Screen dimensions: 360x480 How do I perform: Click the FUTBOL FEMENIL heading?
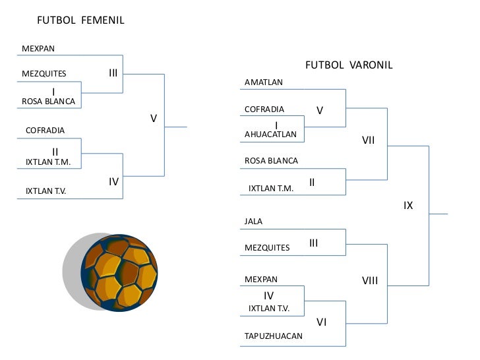[x=80, y=20]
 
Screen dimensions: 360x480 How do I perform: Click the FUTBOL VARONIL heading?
[x=349, y=65]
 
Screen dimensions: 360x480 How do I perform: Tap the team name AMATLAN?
[x=264, y=82]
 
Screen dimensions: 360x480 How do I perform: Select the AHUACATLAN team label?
[x=270, y=135]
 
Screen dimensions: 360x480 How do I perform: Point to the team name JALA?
[x=254, y=222]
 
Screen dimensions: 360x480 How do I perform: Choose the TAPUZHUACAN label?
[x=274, y=336]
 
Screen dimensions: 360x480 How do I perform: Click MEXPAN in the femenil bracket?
[x=38, y=49]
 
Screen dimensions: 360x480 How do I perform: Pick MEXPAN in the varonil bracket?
[x=261, y=280]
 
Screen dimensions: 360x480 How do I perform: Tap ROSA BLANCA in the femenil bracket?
[x=49, y=102]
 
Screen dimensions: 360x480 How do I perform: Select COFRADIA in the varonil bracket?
[x=264, y=109]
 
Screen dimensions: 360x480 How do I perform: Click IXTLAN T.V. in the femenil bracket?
[x=46, y=191]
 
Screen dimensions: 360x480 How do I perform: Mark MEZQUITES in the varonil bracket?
[x=267, y=248]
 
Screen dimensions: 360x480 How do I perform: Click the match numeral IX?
[x=408, y=206]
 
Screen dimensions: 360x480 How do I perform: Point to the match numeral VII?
[x=369, y=140]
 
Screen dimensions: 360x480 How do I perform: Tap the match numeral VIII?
[x=370, y=281]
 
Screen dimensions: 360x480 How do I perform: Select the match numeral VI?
[x=322, y=322]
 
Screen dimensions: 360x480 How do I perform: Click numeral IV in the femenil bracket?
[x=113, y=182]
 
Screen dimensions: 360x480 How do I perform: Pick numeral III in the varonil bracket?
[x=314, y=243]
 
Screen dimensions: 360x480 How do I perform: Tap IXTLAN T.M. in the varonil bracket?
[x=271, y=188]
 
